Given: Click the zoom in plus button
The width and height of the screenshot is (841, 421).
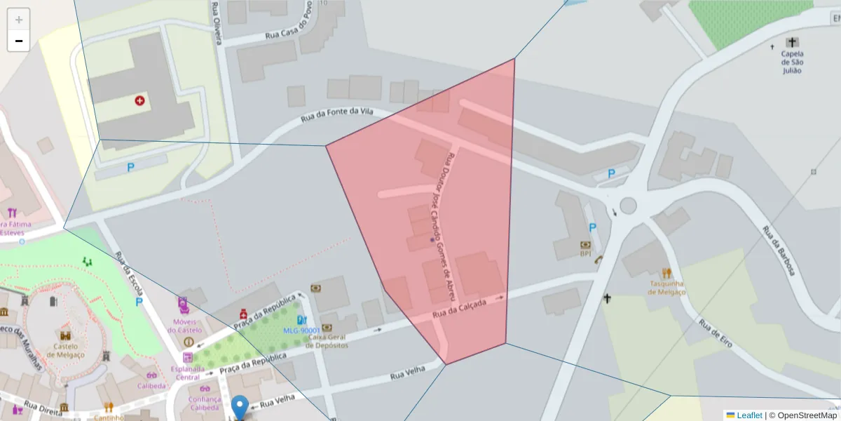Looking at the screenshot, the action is pyautogui.click(x=19, y=20).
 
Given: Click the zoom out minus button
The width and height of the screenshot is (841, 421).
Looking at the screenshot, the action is pyautogui.click(x=19, y=41).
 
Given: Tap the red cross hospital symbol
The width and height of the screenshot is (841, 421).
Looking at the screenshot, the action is pyautogui.click(x=140, y=101).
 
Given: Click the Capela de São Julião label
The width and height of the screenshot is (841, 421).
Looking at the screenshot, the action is pyautogui.click(x=792, y=62).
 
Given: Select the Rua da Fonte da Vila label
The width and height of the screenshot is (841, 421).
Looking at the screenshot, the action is pyautogui.click(x=336, y=115).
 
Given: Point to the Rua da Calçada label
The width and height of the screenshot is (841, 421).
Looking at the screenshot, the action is pyautogui.click(x=459, y=312).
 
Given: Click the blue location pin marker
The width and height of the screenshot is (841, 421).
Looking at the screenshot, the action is pyautogui.click(x=240, y=406).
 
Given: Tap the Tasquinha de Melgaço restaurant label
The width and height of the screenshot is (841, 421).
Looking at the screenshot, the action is pyautogui.click(x=666, y=288).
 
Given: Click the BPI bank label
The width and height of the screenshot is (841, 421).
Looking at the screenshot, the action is pyautogui.click(x=585, y=254).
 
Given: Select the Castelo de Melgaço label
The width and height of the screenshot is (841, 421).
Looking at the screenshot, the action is pyautogui.click(x=64, y=350).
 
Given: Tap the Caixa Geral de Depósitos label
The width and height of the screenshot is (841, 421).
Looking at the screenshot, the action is pyautogui.click(x=328, y=341).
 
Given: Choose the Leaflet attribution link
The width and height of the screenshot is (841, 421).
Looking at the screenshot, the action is pyautogui.click(x=749, y=415).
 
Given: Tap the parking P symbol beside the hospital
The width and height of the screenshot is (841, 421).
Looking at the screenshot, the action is pyautogui.click(x=130, y=168).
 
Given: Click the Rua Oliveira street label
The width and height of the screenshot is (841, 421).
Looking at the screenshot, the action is pyautogui.click(x=217, y=22).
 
